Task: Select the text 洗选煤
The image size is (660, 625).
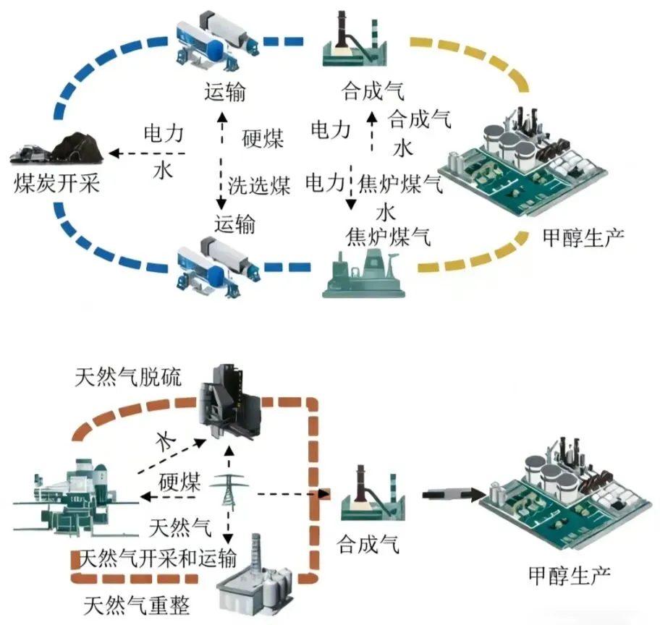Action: point(259,186)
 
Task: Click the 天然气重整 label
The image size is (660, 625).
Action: point(137,603)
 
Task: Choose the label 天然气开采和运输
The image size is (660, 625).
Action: point(157,558)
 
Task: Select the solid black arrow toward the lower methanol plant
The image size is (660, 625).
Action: point(449,494)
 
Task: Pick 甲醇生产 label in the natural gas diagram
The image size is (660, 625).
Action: point(570,576)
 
